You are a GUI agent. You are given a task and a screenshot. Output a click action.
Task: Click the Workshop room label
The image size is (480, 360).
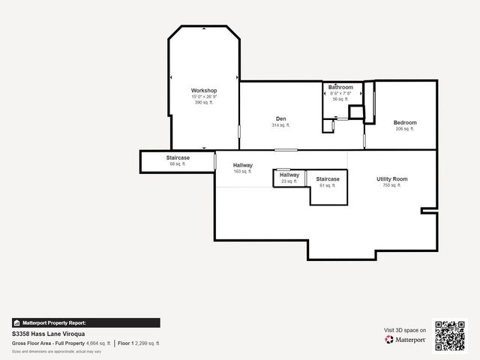pyautogui.click(x=204, y=91)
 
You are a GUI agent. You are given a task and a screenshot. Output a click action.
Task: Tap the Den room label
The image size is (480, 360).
pyautogui.click(x=280, y=119)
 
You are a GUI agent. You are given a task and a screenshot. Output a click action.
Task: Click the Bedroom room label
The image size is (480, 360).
pyautogui.click(x=405, y=122)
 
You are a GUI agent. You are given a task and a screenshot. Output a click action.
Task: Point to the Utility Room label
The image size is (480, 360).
pyautogui.click(x=391, y=179)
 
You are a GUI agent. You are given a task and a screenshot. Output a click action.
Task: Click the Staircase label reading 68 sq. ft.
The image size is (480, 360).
pyautogui.click(x=178, y=158)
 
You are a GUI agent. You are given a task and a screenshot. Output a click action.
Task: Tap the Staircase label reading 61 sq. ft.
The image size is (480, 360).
pyautogui.click(x=328, y=179)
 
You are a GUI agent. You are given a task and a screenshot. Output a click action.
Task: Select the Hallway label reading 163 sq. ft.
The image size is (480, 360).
pyautogui.click(x=242, y=165)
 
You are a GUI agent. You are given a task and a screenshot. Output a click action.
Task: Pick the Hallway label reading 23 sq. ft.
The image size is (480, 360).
pyautogui.click(x=289, y=175)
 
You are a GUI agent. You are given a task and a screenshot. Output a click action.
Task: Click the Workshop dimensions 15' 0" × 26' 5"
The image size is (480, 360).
pyautogui.click(x=204, y=97)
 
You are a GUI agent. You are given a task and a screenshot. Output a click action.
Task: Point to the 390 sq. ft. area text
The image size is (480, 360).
pyautogui.click(x=204, y=103)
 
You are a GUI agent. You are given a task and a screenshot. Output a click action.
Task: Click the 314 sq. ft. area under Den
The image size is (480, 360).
pyautogui.click(x=280, y=125)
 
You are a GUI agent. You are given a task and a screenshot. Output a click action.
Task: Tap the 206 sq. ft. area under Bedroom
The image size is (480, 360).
pyautogui.click(x=405, y=129)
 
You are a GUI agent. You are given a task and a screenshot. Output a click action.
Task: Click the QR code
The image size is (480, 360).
pyautogui.click(x=450, y=335)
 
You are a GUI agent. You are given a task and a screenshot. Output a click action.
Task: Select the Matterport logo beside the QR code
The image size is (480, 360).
pyautogui.click(x=406, y=340)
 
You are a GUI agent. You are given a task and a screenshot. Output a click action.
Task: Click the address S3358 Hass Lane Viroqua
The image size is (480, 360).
pyautogui.click(x=48, y=334)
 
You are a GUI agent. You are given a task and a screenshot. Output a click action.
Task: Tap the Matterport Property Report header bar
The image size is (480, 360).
pyautogui.click(x=85, y=322)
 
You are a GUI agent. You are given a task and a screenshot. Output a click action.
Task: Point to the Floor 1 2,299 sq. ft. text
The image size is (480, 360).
pyautogui.click(x=139, y=343)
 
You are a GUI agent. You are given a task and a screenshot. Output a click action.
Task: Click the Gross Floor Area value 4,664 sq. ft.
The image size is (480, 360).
pyautogui.click(x=98, y=343)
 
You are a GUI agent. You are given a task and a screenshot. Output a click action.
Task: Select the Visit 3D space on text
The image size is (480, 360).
pyautogui.click(x=405, y=330)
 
